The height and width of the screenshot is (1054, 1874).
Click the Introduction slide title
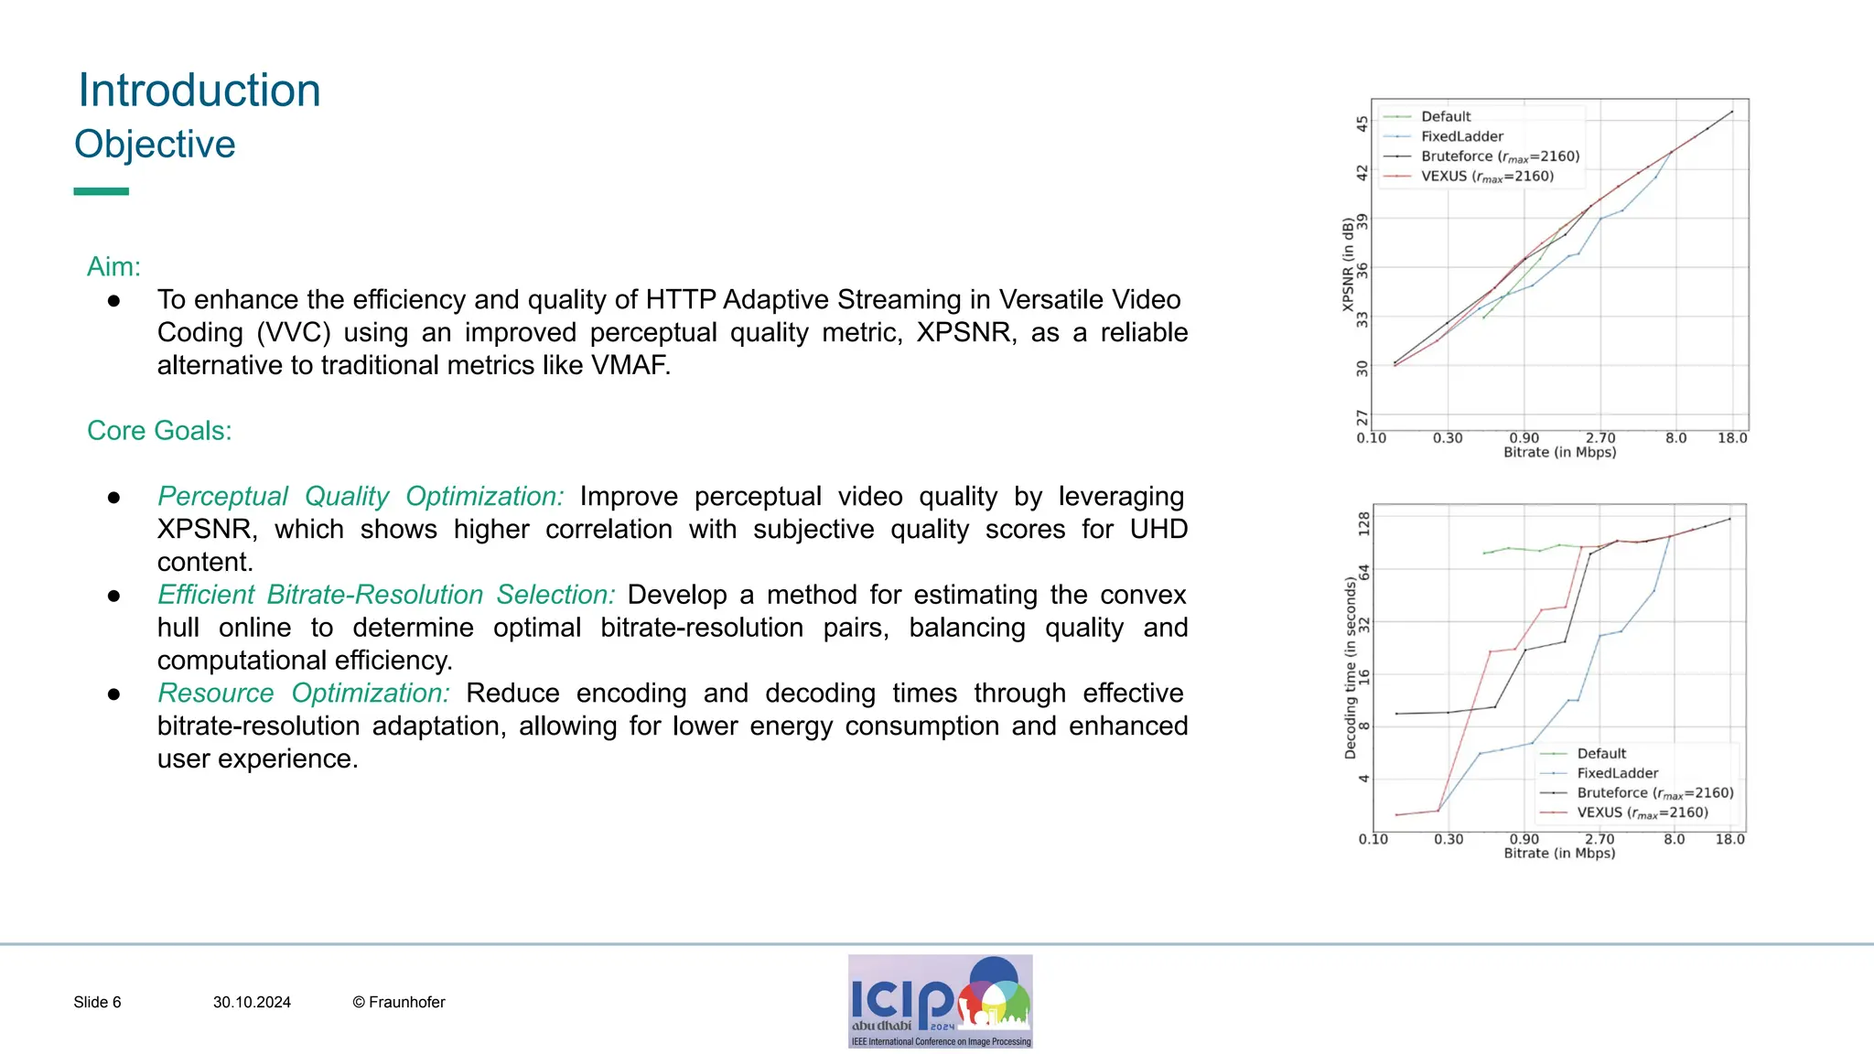click(199, 91)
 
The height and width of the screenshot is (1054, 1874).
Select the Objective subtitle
click(155, 145)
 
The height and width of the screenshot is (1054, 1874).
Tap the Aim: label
click(113, 266)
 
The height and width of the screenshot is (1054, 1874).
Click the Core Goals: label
click(159, 430)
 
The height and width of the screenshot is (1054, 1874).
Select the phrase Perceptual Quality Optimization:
click(361, 496)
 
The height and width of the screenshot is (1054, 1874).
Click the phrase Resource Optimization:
click(304, 693)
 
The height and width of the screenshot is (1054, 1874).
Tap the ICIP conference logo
click(940, 1001)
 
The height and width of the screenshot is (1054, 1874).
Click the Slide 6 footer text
click(97, 1002)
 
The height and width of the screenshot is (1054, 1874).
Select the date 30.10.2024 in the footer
click(252, 1002)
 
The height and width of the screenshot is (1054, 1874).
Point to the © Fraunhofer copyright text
click(399, 1002)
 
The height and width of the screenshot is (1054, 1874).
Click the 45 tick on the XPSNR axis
click(1362, 123)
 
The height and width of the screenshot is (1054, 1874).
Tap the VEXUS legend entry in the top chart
click(1487, 176)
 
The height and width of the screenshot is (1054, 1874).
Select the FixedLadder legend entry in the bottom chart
click(1617, 773)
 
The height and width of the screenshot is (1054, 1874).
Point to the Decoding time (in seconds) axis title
click(1350, 668)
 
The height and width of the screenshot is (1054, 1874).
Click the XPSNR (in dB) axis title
click(1348, 264)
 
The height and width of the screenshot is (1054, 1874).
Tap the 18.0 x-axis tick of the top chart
click(1732, 438)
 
